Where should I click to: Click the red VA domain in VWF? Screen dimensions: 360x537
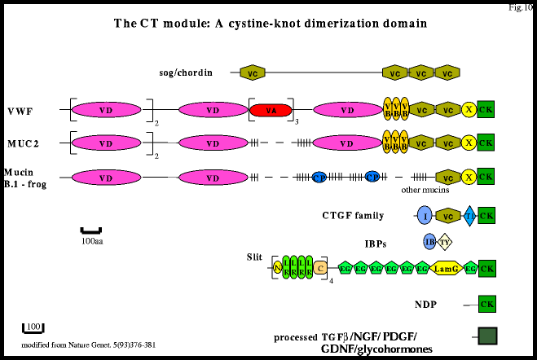271,110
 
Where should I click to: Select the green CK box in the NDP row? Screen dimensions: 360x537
486,305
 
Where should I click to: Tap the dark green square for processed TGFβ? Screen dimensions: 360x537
487,336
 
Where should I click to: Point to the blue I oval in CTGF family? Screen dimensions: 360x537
424,216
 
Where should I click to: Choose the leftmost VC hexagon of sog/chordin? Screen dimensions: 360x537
253,73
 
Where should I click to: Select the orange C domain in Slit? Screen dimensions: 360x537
320,266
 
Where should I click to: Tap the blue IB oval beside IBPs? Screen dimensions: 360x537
429,241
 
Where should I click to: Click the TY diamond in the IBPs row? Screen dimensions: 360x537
445,241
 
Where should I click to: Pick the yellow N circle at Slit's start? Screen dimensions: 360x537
277,266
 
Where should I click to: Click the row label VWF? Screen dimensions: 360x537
21,110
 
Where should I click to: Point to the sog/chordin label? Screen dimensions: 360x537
185,73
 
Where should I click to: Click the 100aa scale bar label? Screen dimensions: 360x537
91,241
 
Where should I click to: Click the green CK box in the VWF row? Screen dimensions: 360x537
486,110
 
